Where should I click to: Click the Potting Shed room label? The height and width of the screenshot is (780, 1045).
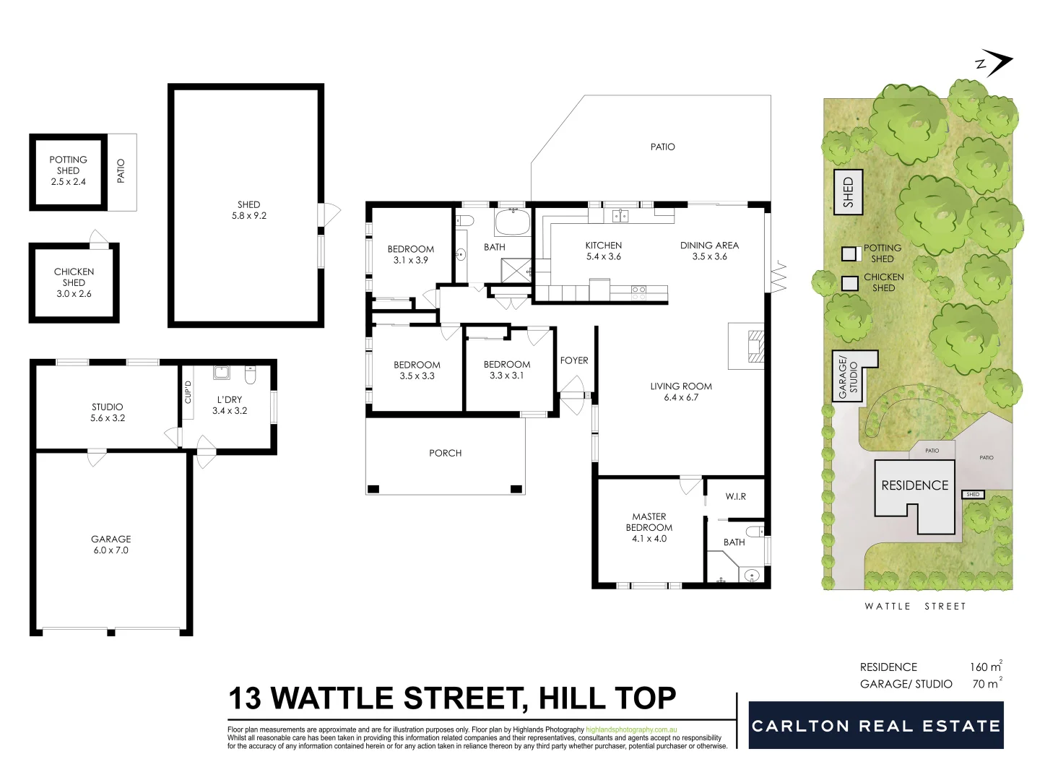tap(68, 165)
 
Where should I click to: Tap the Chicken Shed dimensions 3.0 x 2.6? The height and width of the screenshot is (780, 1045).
tap(74, 294)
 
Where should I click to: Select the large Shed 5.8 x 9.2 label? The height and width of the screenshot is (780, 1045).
tap(248, 210)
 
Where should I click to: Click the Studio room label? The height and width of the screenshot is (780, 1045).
tap(107, 407)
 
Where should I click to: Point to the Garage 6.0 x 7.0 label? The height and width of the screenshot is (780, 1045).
tap(110, 545)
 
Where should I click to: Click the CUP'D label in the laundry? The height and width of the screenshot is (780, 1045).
tap(188, 391)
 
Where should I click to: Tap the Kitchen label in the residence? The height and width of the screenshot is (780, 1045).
tap(603, 246)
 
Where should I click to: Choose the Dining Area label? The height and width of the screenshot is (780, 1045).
tap(709, 246)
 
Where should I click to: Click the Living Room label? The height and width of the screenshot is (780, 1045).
tap(680, 386)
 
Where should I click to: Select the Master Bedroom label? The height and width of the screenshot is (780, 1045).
tap(649, 522)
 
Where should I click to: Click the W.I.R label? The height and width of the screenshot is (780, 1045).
tap(735, 496)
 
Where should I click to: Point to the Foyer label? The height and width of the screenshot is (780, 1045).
tap(574, 360)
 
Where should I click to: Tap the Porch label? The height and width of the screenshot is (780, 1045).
tap(445, 453)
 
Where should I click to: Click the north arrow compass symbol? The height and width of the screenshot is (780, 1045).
tap(994, 64)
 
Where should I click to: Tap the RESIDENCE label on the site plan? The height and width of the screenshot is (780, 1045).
tap(914, 485)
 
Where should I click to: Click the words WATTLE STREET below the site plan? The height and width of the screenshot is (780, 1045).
tap(915, 606)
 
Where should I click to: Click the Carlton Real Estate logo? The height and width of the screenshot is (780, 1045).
tap(875, 725)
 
